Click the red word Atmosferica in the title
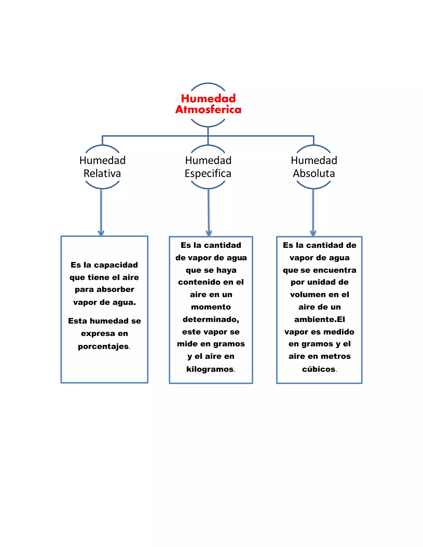tap(208, 109)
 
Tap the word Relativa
tap(102, 173)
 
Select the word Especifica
tap(208, 174)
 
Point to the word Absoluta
tap(314, 173)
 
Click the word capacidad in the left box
tap(116, 265)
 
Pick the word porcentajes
tap(103, 346)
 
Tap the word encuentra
tap(335, 270)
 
